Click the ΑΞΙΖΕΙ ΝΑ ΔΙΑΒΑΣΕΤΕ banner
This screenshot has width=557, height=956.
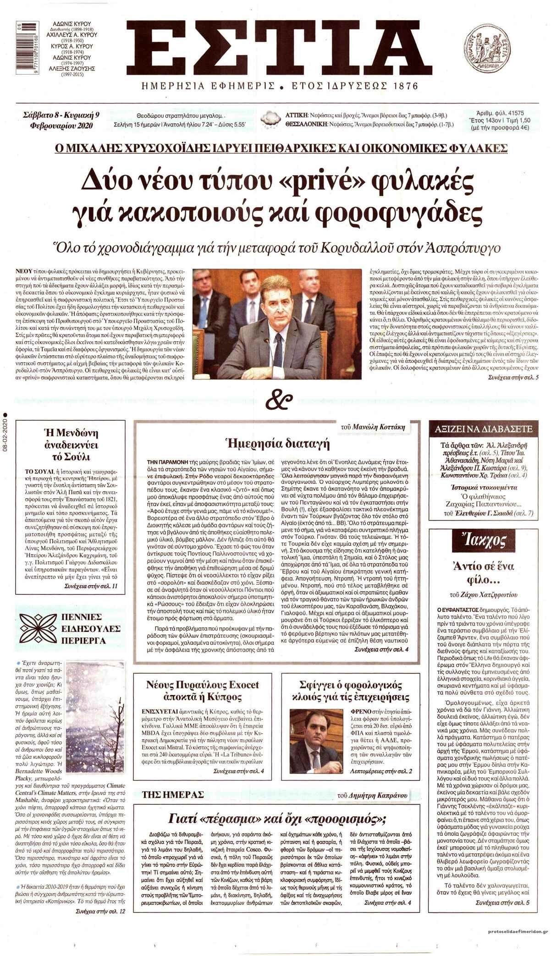point(484,429)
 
